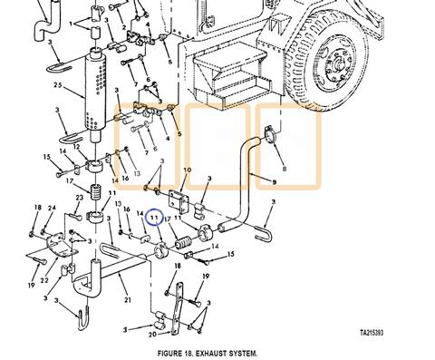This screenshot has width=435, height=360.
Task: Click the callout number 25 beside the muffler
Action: [57, 86]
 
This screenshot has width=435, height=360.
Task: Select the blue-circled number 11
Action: [155, 218]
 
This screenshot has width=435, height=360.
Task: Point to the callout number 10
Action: [187, 170]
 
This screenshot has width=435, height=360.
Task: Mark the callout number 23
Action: [80, 199]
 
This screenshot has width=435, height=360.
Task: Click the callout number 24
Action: [53, 209]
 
